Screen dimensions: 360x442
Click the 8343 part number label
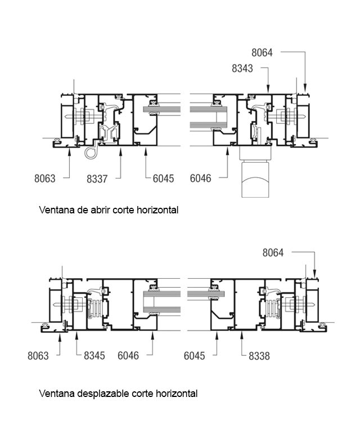(x=242, y=69)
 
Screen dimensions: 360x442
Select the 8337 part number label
(x=97, y=178)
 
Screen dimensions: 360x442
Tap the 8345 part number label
(x=94, y=356)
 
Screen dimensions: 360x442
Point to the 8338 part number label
(x=259, y=356)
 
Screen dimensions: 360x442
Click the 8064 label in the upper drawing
(x=262, y=53)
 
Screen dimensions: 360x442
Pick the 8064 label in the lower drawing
(x=273, y=253)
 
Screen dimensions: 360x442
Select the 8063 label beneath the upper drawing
(x=45, y=178)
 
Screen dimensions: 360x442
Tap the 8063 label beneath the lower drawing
(x=38, y=356)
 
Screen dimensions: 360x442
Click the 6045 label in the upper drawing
(x=163, y=178)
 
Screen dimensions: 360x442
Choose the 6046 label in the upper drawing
(x=201, y=178)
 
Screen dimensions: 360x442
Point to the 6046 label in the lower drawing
(x=128, y=356)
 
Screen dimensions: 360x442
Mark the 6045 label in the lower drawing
(x=195, y=356)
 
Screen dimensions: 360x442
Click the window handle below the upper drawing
(x=256, y=171)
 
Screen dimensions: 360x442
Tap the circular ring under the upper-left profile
(x=91, y=153)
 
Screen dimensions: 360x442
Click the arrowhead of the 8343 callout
(x=268, y=89)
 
